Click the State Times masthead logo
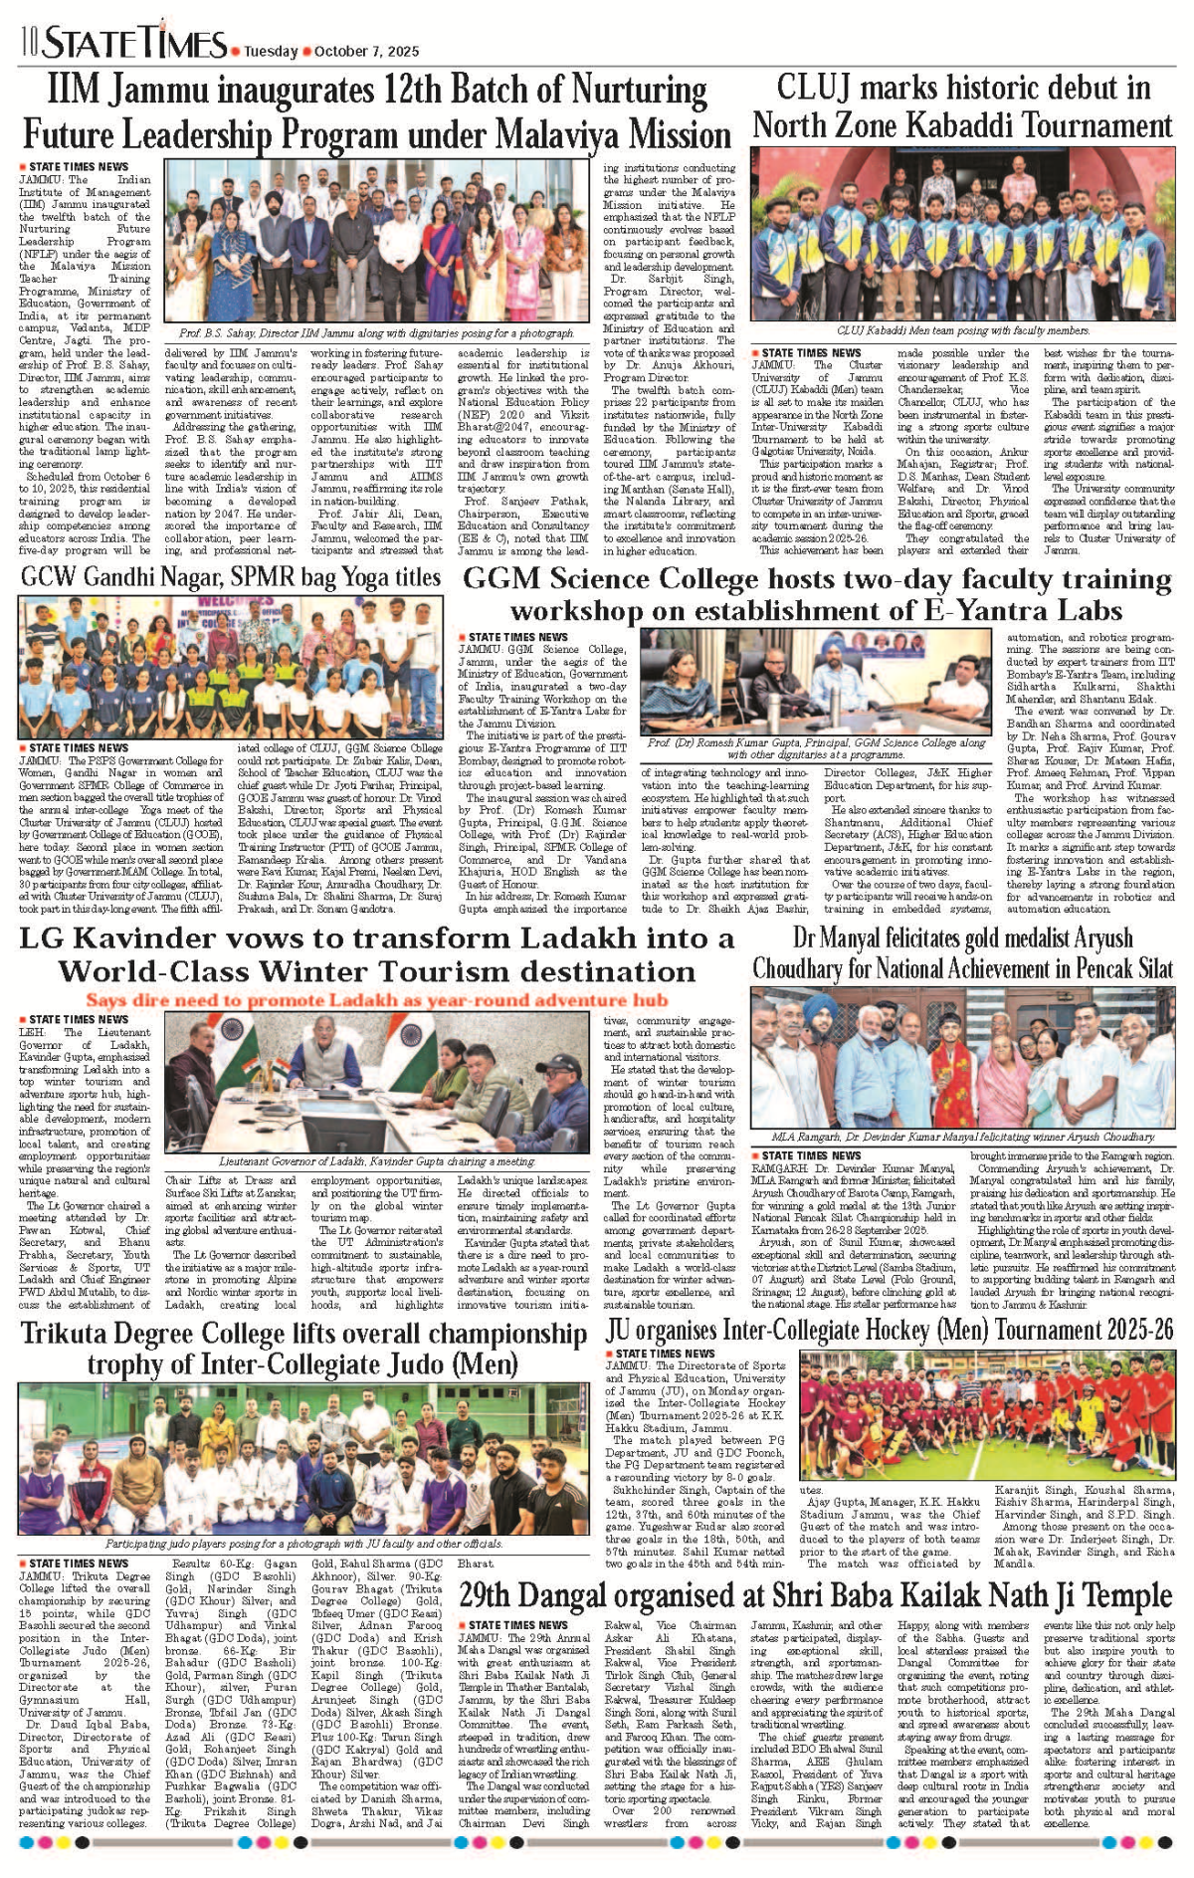pyautogui.click(x=134, y=43)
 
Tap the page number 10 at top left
pyautogui.click(x=28, y=43)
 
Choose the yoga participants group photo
pyautogui.click(x=231, y=667)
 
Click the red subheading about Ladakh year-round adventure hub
pyautogui.click(x=376, y=999)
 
